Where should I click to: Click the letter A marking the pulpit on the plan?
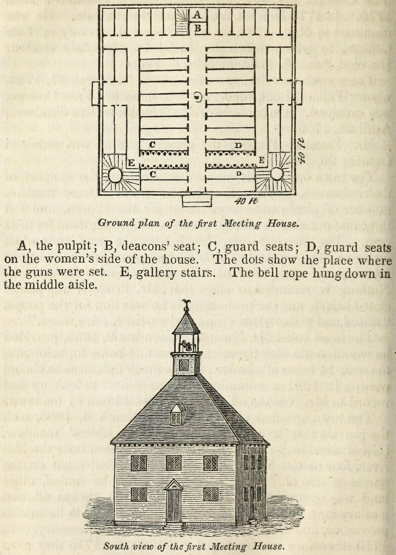coord(197,15)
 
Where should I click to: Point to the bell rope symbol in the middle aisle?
coord(198,97)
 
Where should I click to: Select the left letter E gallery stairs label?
coord(131,163)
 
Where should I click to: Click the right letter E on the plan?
coord(261,160)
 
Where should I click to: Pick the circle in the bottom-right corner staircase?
coord(278,174)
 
